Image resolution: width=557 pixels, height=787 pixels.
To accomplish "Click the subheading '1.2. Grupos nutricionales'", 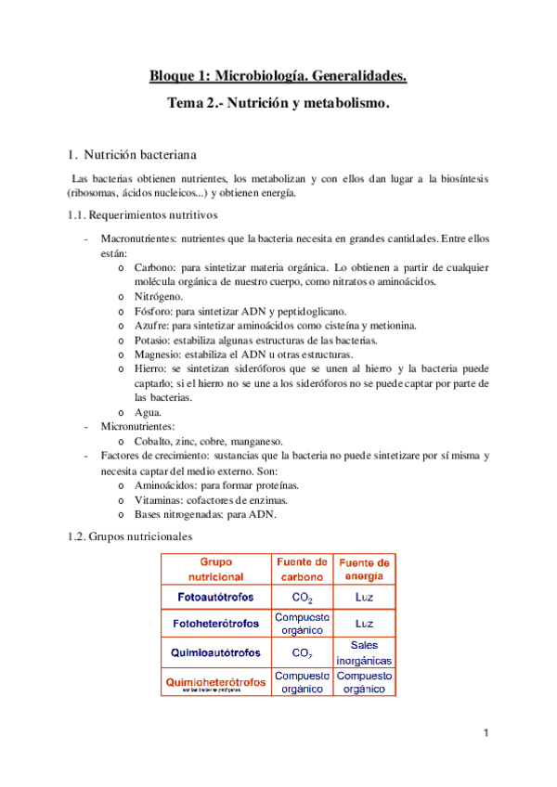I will pyautogui.click(x=130, y=536).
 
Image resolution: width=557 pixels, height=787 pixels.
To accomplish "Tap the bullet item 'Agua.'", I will pyautogui.click(x=149, y=412).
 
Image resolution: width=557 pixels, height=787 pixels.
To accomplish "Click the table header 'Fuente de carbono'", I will pyautogui.click(x=302, y=569).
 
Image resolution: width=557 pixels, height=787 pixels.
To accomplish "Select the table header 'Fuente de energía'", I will pyautogui.click(x=364, y=570).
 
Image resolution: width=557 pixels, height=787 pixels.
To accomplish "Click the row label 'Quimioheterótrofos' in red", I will pyautogui.click(x=215, y=682).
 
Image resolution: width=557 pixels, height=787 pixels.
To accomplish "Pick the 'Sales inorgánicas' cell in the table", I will pyautogui.click(x=364, y=652).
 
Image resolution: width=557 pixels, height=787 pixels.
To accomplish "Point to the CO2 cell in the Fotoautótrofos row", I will pyautogui.click(x=302, y=597).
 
